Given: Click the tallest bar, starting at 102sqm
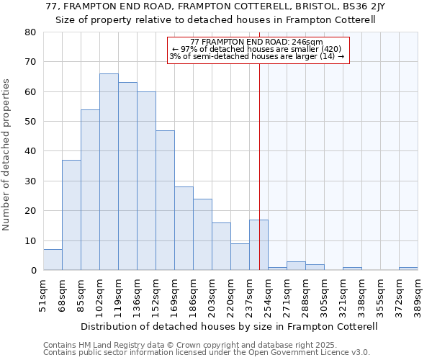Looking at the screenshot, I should [109, 172].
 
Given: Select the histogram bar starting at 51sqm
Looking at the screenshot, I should [53, 260].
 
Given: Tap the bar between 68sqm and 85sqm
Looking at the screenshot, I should [71, 215].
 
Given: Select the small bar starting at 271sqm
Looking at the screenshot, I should [296, 266].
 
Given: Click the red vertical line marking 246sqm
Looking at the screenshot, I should [259, 144].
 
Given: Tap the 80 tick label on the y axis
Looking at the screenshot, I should [30, 32].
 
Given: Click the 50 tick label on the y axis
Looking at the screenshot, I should [30, 122].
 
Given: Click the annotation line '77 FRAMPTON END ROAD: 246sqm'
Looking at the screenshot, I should [258, 42].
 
